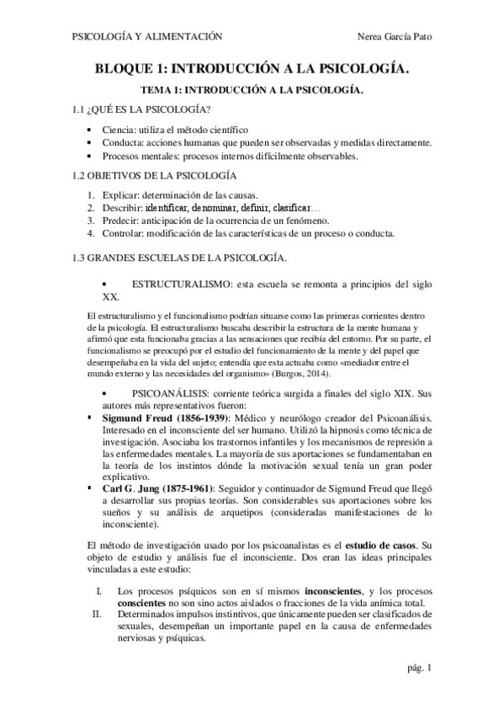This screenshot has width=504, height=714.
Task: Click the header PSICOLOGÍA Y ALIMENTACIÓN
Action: [x=148, y=37]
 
